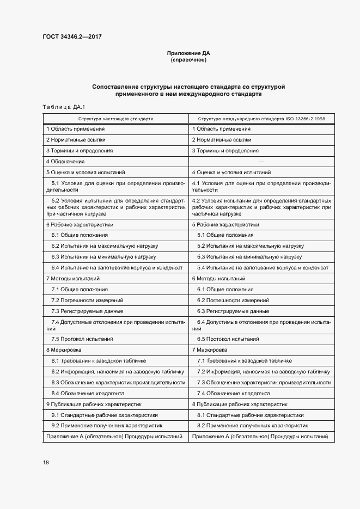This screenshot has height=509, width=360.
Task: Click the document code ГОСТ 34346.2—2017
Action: point(72,37)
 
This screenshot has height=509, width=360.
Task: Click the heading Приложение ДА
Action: point(188,53)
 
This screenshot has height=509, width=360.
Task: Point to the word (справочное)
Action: point(188,60)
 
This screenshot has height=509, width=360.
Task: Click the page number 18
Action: point(46,462)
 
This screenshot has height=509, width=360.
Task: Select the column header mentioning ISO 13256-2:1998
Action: point(261,118)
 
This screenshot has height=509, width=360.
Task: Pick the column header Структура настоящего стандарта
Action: point(115,118)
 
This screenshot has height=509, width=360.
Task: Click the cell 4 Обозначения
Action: point(65,161)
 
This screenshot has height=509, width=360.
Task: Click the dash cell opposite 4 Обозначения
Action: point(261,162)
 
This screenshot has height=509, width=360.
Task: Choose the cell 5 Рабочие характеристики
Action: point(225,224)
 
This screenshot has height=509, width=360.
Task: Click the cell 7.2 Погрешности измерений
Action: point(87,300)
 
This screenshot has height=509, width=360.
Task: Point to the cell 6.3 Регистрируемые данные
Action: point(233,311)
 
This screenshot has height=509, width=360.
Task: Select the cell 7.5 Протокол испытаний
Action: point(82,339)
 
